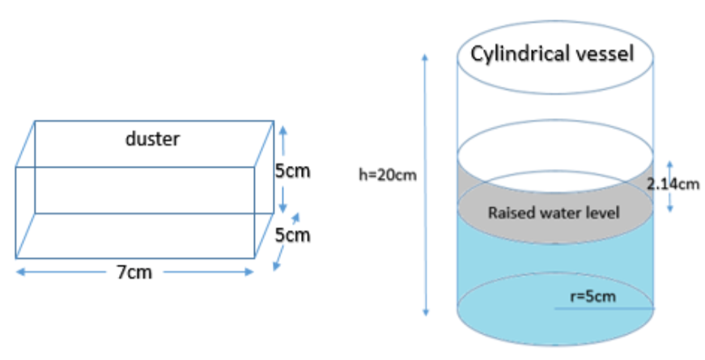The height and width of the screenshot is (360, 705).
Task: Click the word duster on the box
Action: click(x=152, y=138)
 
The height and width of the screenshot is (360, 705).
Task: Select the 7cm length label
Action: click(x=134, y=272)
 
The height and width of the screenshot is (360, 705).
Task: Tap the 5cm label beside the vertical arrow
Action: click(x=293, y=171)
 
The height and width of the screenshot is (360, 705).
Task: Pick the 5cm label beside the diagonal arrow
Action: click(x=293, y=235)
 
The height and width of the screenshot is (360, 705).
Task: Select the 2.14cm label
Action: click(x=673, y=184)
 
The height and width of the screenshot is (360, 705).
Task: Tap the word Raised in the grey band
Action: click(x=508, y=213)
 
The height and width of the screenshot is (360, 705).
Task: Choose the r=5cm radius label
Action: click(x=593, y=296)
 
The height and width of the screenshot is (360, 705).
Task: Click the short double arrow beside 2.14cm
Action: click(x=669, y=184)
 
